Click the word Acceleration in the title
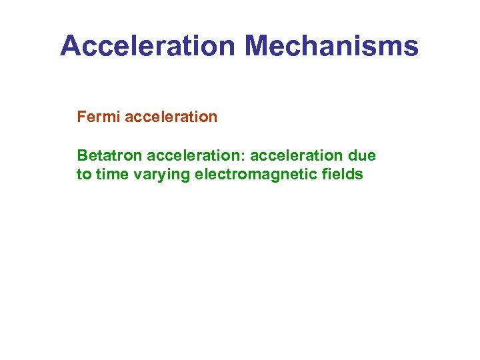(x=148, y=46)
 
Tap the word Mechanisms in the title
(x=331, y=46)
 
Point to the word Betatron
(x=109, y=156)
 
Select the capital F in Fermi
(x=81, y=117)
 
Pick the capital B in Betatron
(x=82, y=156)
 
